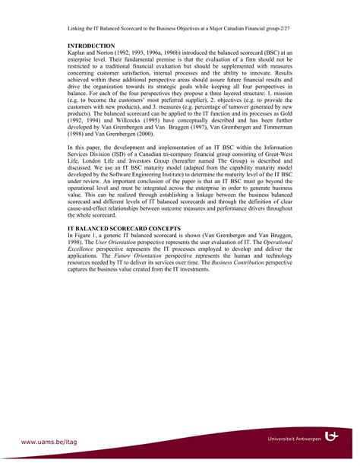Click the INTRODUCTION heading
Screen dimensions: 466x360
90,46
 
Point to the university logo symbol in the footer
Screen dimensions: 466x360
333,437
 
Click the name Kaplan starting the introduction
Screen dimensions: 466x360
77,53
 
